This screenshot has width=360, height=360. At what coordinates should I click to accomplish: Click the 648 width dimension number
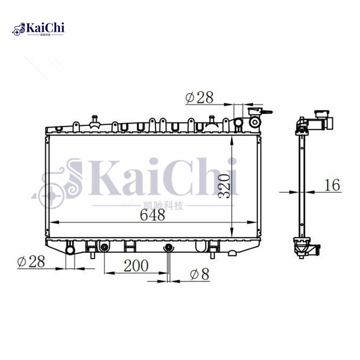click(152, 215)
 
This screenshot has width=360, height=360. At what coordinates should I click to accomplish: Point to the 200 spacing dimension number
click(135, 265)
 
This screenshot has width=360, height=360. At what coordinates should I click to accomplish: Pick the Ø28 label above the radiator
click(198, 97)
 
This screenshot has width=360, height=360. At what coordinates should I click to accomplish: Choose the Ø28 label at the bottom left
click(31, 261)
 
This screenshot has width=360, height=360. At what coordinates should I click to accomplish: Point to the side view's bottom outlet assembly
click(304, 247)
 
